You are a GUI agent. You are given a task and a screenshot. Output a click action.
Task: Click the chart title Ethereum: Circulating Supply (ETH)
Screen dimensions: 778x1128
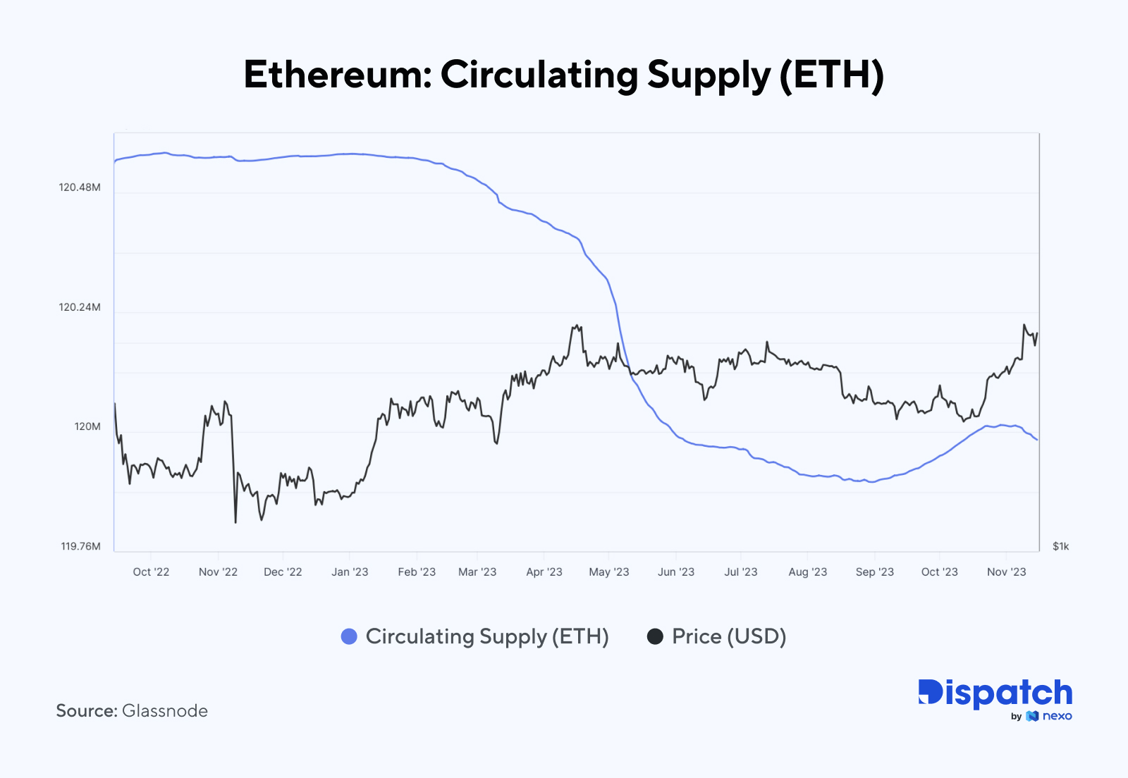[x=563, y=75]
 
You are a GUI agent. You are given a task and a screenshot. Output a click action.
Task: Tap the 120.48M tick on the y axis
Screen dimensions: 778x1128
[x=80, y=187]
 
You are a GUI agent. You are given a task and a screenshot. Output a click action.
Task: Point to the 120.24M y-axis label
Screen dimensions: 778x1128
[x=80, y=307]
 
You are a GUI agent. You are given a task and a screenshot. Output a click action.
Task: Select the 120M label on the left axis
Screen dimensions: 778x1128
[x=87, y=427]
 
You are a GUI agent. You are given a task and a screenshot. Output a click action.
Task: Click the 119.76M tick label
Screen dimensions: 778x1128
[x=80, y=547]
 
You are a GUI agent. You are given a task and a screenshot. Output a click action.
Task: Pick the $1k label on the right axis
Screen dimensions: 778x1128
[x=1060, y=547]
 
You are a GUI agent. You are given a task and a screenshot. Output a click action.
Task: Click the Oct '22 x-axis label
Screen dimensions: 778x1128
[x=151, y=572]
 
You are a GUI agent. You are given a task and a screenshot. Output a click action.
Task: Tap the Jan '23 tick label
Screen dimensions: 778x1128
[x=350, y=572]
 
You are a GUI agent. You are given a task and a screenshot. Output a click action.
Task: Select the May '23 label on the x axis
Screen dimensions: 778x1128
[x=608, y=572]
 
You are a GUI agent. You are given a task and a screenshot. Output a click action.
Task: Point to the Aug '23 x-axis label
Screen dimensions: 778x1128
[x=807, y=572]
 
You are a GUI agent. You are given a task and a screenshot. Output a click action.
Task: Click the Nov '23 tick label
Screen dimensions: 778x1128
[x=1006, y=572]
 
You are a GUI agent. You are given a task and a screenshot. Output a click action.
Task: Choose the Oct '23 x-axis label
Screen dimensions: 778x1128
[x=939, y=572]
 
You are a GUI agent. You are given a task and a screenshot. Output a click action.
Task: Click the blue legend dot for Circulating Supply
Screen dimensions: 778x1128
[x=349, y=636]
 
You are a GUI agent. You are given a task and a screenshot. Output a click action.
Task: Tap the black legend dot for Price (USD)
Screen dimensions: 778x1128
[x=655, y=636]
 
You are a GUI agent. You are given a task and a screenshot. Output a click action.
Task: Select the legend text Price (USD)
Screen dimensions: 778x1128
[x=728, y=636]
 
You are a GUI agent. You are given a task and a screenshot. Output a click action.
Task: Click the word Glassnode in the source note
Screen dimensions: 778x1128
[x=164, y=711]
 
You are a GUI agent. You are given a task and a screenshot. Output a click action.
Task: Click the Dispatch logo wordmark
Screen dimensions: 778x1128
[x=995, y=693]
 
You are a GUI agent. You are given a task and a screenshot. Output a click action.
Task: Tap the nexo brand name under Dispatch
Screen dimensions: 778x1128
[x=1057, y=717]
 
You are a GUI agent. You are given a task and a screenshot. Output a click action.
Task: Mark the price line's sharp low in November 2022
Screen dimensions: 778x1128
[x=235, y=522]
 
